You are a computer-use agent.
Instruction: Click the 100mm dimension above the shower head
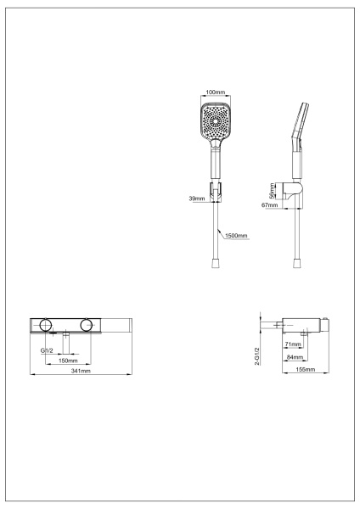pyautogui.click(x=216, y=92)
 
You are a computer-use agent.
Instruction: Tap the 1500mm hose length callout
pyautogui.click(x=237, y=235)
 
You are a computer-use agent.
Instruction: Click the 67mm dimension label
pyautogui.click(x=271, y=204)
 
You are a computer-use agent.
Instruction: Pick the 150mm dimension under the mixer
pyautogui.click(x=68, y=360)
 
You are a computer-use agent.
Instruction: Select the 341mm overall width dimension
pyautogui.click(x=81, y=372)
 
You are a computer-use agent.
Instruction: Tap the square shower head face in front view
pyautogui.click(x=216, y=125)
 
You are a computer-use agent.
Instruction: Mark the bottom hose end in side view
pyautogui.click(x=295, y=264)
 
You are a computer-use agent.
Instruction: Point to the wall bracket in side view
pyautogui.click(x=295, y=193)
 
